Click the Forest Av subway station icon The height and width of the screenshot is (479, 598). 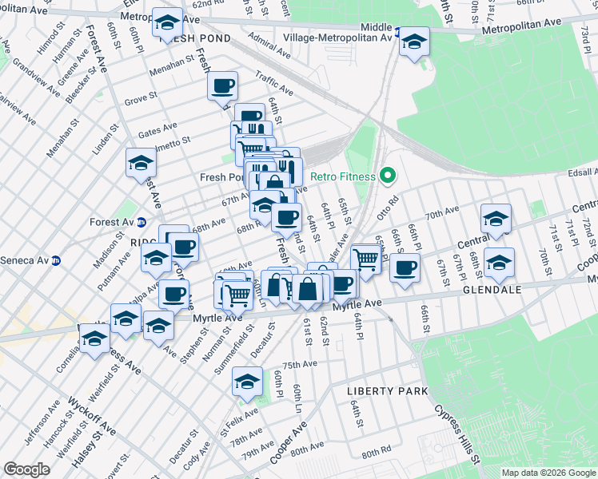pos(142,222)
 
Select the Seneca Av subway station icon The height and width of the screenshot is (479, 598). pos(56,260)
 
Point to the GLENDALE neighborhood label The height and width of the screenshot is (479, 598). pos(490,292)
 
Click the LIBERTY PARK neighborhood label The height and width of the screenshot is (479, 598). pos(387,391)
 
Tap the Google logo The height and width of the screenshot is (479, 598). pos(26,469)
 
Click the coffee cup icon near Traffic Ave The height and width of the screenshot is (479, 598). pos(223,85)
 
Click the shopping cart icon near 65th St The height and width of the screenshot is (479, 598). pos(365,259)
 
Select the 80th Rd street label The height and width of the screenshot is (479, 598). pos(376,453)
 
